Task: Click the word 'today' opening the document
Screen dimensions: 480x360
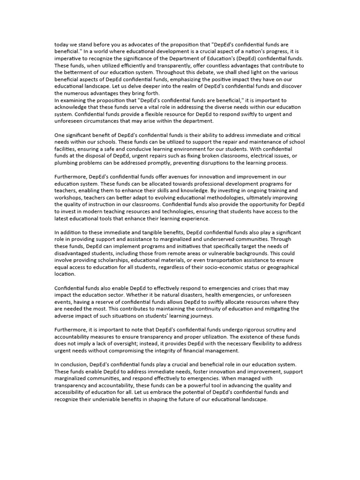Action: [x=61, y=45]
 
